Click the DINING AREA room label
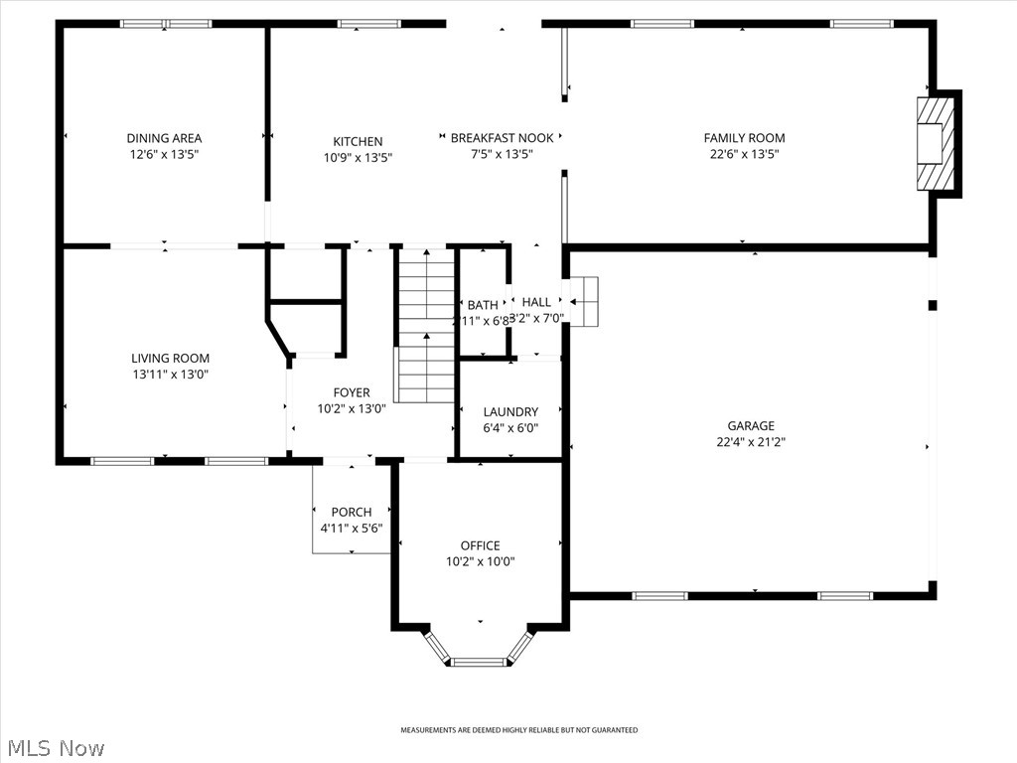[x=164, y=138]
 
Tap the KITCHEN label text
[x=358, y=141]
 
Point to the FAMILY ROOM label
[x=744, y=138]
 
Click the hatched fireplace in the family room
[x=936, y=144]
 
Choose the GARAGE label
[x=750, y=426]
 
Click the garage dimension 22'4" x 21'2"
[x=750, y=442]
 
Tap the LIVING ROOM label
[x=171, y=359]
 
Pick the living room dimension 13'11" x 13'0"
[x=171, y=375]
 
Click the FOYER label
[x=352, y=392]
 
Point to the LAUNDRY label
[x=510, y=411]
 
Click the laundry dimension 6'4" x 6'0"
[x=510, y=427]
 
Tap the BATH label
[x=483, y=305]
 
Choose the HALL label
[x=536, y=302]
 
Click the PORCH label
[x=352, y=513]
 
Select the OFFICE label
[x=480, y=545]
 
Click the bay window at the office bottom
[x=480, y=660]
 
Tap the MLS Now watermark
[x=57, y=747]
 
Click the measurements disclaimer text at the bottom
[x=518, y=730]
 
